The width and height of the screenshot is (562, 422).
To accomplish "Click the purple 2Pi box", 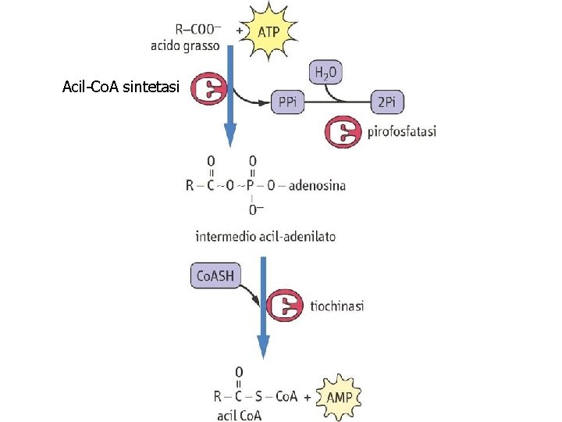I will coord(386,102).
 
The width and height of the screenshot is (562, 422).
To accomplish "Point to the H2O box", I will coord(326,74).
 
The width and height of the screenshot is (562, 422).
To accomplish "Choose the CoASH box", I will coord(213,276).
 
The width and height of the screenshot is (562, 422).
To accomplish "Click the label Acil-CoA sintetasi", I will coord(122,88).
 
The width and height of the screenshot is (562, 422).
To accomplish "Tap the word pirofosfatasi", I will coord(401,132).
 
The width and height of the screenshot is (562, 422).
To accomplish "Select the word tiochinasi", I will coord(337,306).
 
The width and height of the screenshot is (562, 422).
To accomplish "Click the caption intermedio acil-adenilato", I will coord(265,235).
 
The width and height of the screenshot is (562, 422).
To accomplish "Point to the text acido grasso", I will coord(185,45).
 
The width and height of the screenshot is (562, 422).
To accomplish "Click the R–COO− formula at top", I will coord(198,30).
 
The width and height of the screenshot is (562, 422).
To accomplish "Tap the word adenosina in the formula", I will coord(317,185).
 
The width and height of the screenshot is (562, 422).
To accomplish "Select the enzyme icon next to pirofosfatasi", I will coord(343,132).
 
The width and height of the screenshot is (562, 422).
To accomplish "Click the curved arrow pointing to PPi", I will coord(251,100).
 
